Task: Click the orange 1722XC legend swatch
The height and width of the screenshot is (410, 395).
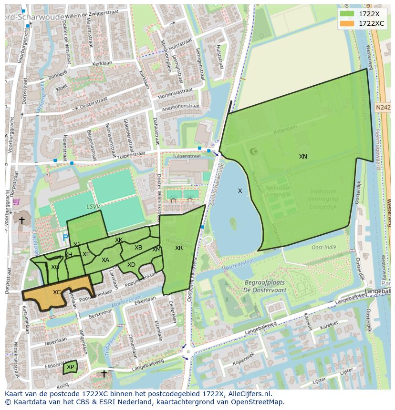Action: (x=347, y=23)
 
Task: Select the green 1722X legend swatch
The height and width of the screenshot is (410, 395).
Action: (x=347, y=14)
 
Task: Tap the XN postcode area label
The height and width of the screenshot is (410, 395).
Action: (x=303, y=157)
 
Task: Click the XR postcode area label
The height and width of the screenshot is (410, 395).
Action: (x=179, y=248)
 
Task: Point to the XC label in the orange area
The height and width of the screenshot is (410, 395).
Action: (x=57, y=292)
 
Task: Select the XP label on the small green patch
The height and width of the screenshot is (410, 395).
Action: (x=70, y=367)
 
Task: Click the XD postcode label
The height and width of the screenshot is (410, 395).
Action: (x=131, y=265)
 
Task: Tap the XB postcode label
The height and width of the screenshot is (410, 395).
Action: (x=138, y=248)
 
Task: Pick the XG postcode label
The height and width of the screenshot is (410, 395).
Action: (x=55, y=267)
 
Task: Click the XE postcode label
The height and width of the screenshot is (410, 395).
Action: (x=86, y=254)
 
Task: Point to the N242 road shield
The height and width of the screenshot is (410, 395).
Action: (x=383, y=108)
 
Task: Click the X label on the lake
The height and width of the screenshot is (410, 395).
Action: (x=240, y=191)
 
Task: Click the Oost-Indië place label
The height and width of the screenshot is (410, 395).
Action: (x=324, y=248)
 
